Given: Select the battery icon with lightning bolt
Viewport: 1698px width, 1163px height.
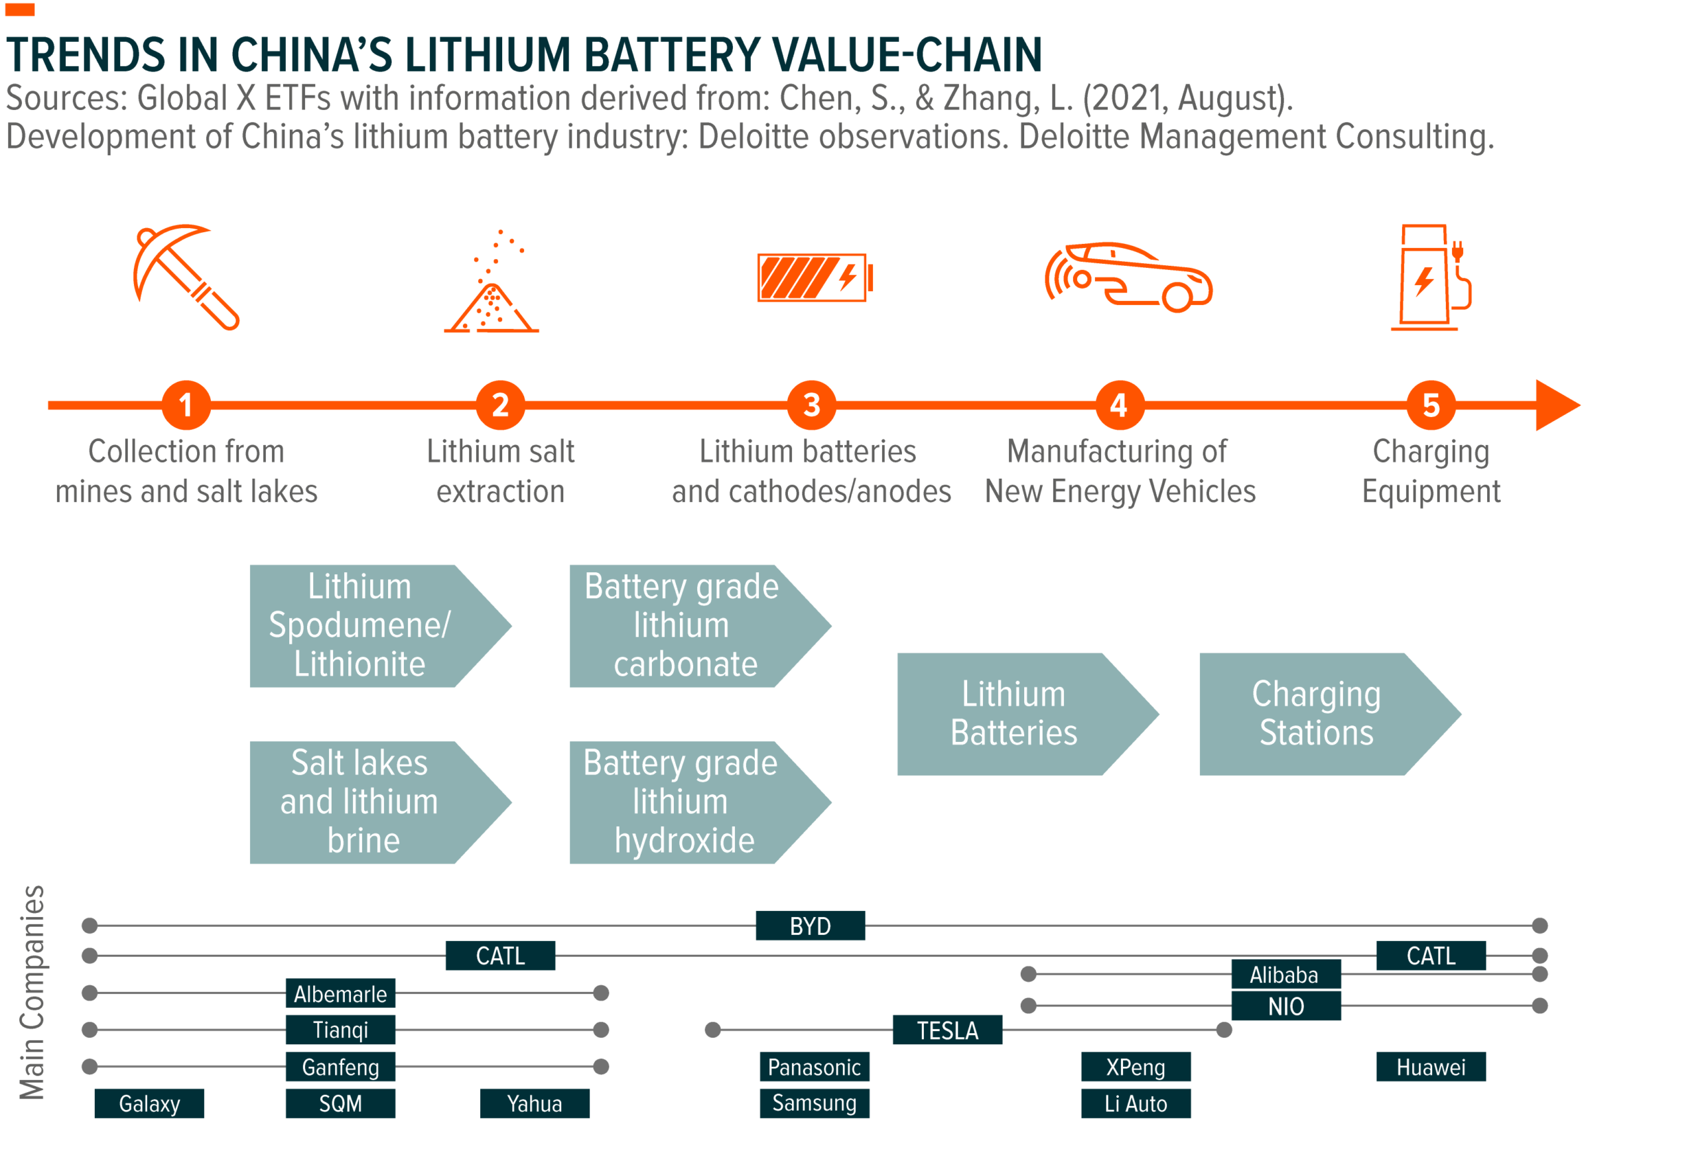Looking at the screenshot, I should click(x=814, y=278).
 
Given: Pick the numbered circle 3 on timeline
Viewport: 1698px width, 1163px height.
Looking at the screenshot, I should click(x=811, y=405).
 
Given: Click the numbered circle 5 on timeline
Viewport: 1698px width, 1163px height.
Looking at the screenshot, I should click(x=1431, y=405).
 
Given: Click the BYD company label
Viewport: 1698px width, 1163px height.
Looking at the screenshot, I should click(x=810, y=926).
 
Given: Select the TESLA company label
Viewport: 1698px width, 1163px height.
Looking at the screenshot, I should click(x=947, y=1030).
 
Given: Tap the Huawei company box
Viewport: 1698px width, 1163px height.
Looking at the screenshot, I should click(x=1430, y=1067).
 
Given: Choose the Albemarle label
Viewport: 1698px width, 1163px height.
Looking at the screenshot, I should click(x=340, y=993).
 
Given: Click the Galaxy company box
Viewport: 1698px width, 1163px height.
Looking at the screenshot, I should click(x=149, y=1103).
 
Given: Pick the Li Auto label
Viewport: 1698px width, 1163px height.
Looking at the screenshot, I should click(x=1136, y=1103).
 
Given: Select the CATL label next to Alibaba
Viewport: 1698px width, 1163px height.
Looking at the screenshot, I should click(x=1430, y=955).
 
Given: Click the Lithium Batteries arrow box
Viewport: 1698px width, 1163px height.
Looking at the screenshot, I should click(x=1015, y=713).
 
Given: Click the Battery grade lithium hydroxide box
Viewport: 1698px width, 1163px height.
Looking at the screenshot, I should click(x=683, y=802).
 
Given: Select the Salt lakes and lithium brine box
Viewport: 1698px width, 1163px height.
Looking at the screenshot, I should click(x=361, y=802).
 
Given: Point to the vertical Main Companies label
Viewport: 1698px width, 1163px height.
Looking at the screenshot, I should click(x=32, y=992).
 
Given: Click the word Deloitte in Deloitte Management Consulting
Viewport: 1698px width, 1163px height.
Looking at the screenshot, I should click(x=1077, y=137).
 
